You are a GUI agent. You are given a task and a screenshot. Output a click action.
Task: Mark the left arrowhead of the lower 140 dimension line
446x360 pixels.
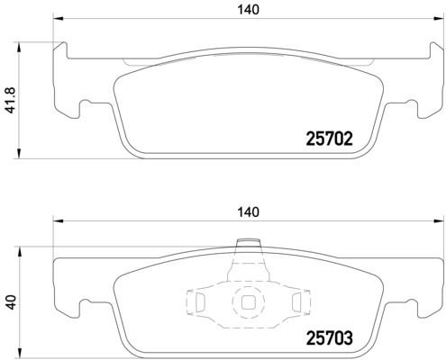(x=58, y=220)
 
